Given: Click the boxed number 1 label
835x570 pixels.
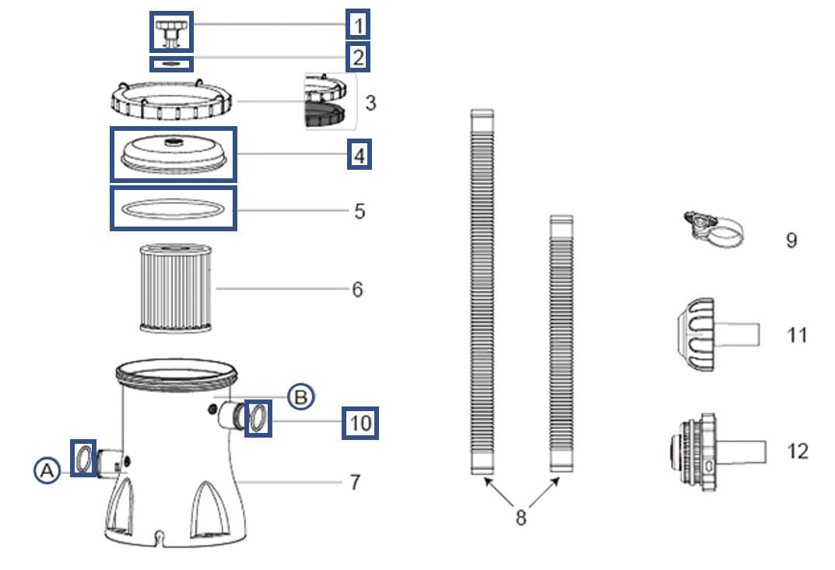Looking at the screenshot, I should click(358, 26).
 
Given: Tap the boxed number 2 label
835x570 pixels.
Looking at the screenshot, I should click(358, 57).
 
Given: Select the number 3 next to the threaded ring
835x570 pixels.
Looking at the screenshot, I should click(370, 102).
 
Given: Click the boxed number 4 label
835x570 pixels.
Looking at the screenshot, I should click(359, 154).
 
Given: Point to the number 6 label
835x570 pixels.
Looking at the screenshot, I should click(357, 289).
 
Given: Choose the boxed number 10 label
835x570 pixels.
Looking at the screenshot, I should click(360, 423).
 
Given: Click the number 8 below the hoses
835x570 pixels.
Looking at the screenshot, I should click(521, 516).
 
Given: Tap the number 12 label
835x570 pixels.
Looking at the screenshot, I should click(797, 451).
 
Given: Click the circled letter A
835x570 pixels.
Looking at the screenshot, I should click(47, 470).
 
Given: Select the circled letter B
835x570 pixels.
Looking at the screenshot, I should click(300, 396).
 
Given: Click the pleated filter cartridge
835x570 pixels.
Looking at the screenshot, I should click(174, 288).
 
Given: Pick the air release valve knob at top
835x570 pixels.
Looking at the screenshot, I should click(170, 30).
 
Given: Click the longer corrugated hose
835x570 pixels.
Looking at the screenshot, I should click(482, 292).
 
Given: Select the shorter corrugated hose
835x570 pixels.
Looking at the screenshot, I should click(561, 343).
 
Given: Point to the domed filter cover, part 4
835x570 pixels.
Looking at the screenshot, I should click(173, 153).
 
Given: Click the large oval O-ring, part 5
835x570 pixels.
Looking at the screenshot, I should click(173, 209).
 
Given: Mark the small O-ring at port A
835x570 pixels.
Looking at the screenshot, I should click(83, 458).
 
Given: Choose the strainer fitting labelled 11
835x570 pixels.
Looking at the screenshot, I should click(712, 335).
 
